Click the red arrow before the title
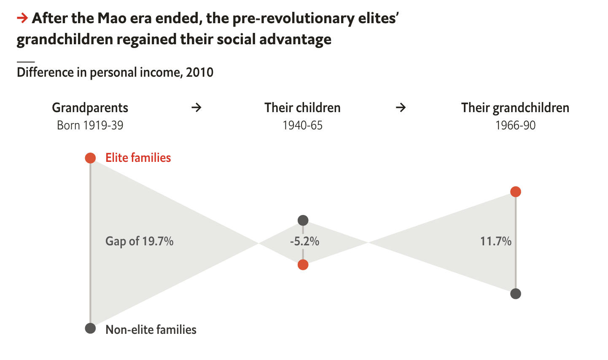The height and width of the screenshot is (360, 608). [x=22, y=18]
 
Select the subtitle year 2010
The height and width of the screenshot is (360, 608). [x=200, y=73]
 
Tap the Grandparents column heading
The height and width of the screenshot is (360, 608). [x=90, y=108]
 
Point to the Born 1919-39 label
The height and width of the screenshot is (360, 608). [x=90, y=126]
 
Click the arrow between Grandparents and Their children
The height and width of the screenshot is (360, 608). [x=196, y=108]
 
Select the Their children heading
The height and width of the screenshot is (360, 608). [x=302, y=108]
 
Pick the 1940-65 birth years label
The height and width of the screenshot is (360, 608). [x=302, y=126]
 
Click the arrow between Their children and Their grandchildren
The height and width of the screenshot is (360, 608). [x=401, y=108]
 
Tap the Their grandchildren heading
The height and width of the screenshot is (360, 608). [x=515, y=108]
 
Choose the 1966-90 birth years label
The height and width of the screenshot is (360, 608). [x=515, y=126]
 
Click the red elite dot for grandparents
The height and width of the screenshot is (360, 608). [x=90, y=158]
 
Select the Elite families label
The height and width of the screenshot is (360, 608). [x=138, y=158]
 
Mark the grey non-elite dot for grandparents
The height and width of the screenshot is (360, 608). [x=90, y=328]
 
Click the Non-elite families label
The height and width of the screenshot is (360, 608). [x=151, y=330]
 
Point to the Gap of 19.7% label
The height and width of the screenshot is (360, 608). [x=140, y=241]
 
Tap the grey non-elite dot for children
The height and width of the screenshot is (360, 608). [x=303, y=220]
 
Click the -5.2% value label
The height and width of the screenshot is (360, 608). [x=304, y=242]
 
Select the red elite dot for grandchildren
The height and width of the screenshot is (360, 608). [x=515, y=192]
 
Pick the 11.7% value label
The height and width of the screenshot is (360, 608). [x=496, y=241]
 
